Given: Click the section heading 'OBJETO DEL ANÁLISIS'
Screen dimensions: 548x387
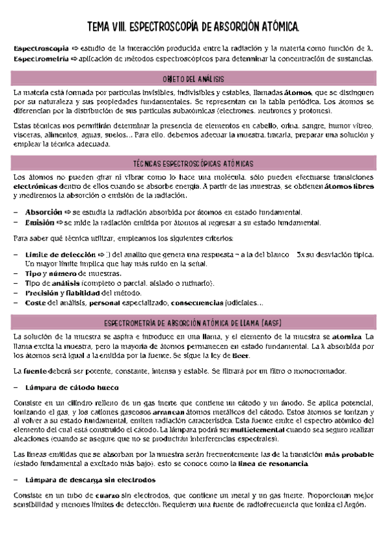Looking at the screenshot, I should click(x=193, y=79).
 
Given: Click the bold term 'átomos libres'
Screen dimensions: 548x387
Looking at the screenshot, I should click(x=348, y=187).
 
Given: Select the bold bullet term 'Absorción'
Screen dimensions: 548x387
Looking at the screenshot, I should click(x=44, y=212).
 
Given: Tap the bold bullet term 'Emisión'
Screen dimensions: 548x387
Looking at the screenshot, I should click(x=39, y=222).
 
